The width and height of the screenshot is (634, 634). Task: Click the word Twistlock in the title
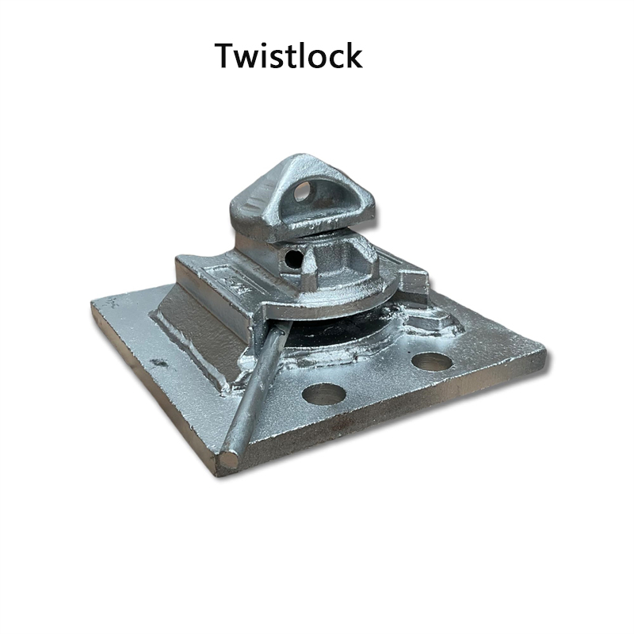click(x=288, y=55)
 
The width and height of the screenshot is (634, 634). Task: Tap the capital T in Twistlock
click(x=227, y=55)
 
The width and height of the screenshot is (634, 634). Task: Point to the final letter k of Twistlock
click(x=352, y=55)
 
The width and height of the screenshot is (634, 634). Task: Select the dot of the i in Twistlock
click(x=268, y=45)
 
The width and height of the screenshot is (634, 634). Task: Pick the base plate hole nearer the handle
click(x=323, y=394)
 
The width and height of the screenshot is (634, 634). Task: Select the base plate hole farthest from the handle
click(x=432, y=361)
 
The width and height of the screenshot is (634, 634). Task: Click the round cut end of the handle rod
click(x=230, y=459)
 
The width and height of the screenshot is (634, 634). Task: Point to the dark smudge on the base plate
click(x=158, y=362)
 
